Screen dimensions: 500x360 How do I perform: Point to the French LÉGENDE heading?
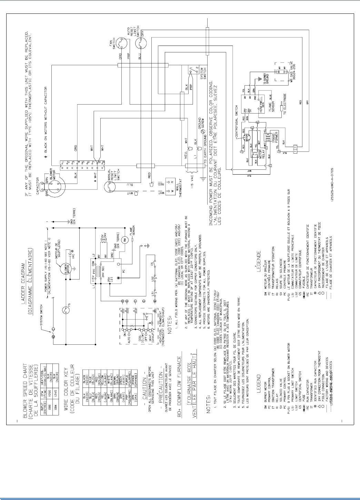point(259,261)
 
